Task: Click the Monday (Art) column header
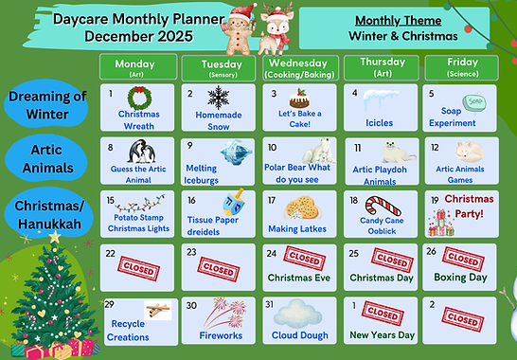[137, 66]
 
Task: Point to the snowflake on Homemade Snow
[219, 98]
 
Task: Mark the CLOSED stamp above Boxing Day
[462, 259]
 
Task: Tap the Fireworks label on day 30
[221, 335]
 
